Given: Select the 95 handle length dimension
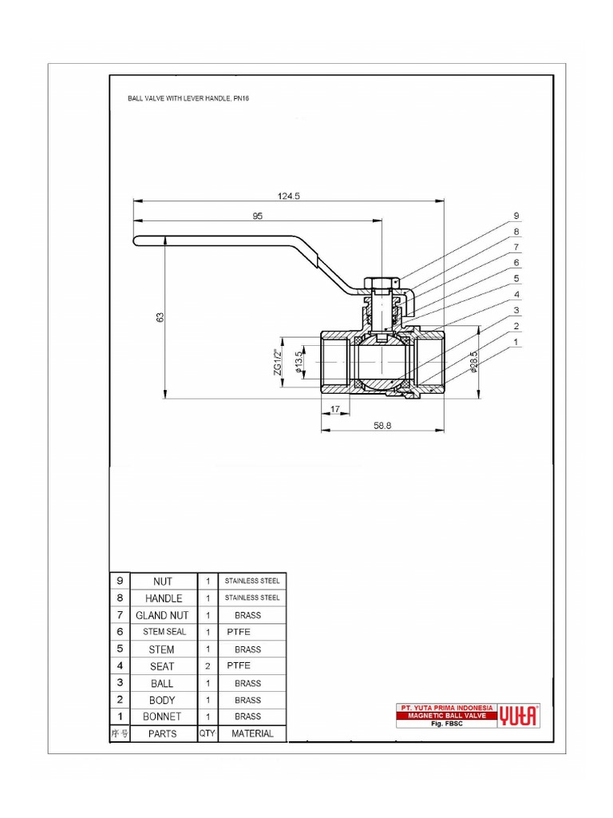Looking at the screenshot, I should coord(257,216).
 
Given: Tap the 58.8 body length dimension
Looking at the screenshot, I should coord(384,427).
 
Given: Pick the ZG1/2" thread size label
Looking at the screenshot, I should coord(279,363).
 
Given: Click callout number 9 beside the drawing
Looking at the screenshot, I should coord(516,216).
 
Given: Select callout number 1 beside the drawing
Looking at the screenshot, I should coord(516,342).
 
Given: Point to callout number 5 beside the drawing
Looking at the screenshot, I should coord(516,279).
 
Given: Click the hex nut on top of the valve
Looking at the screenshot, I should coord(381,283).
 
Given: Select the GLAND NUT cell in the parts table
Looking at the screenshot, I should coord(162,615).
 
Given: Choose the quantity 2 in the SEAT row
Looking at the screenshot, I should coord(208,665).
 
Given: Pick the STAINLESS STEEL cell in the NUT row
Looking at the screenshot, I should coord(252,581).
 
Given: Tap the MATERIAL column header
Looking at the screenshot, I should coord(252,733).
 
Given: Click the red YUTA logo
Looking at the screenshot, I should coord(519,716).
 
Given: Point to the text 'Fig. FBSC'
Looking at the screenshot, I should coord(447,724).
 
